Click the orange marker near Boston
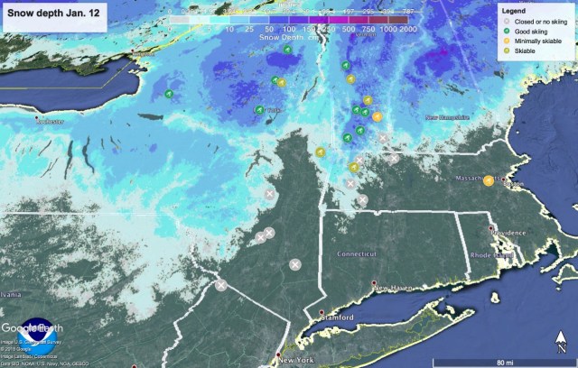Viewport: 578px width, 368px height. pyautogui.click(x=489, y=179)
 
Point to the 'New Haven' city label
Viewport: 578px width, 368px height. pyautogui.click(x=395, y=288)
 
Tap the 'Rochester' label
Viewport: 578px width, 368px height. pyautogui.click(x=50, y=121)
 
